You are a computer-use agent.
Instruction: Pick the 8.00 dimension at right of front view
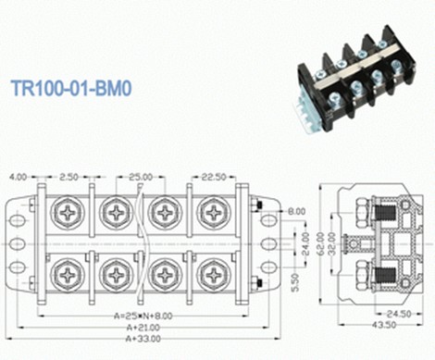click(x=295, y=212)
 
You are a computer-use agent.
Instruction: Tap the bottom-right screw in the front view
click(x=213, y=275)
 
